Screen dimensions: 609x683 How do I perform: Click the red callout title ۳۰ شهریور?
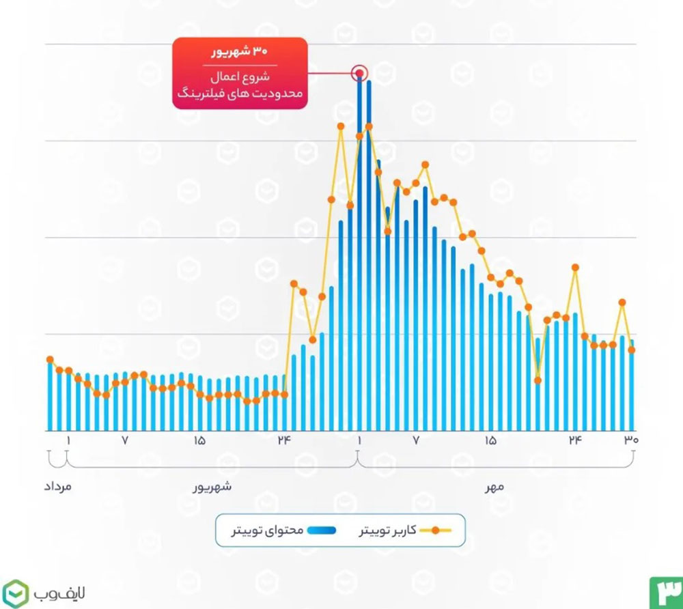click(x=239, y=51)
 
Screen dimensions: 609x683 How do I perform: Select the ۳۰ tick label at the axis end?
click(x=630, y=440)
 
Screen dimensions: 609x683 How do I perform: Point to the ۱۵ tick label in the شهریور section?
click(x=199, y=440)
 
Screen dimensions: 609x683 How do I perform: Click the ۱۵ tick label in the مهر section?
click(x=490, y=440)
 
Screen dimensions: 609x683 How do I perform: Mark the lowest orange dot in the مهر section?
click(x=538, y=380)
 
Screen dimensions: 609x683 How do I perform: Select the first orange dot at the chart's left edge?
click(x=50, y=360)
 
